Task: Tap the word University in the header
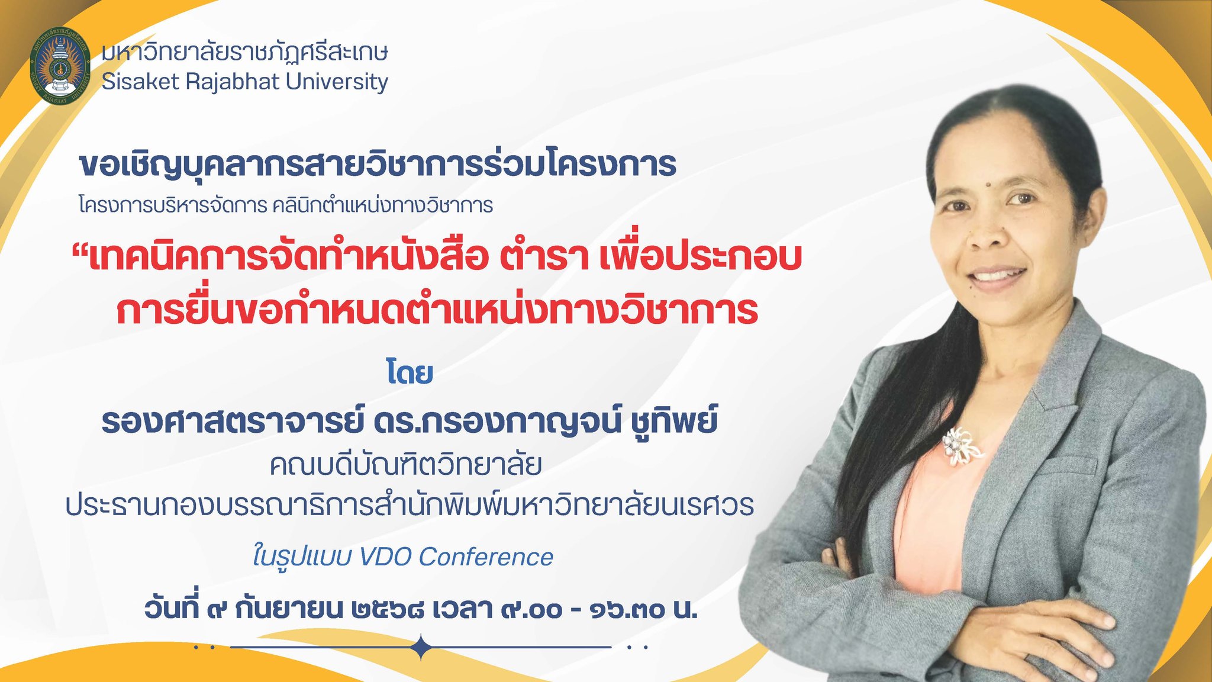pyautogui.click(x=337, y=82)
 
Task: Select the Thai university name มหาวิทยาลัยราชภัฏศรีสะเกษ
pyautogui.click(x=244, y=52)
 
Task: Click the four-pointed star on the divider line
pyautogui.click(x=421, y=647)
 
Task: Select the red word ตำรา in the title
pyautogui.click(x=543, y=258)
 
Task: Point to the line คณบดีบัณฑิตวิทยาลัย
pyautogui.click(x=406, y=465)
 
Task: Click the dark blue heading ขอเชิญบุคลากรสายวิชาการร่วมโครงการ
pyautogui.click(x=378, y=164)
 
